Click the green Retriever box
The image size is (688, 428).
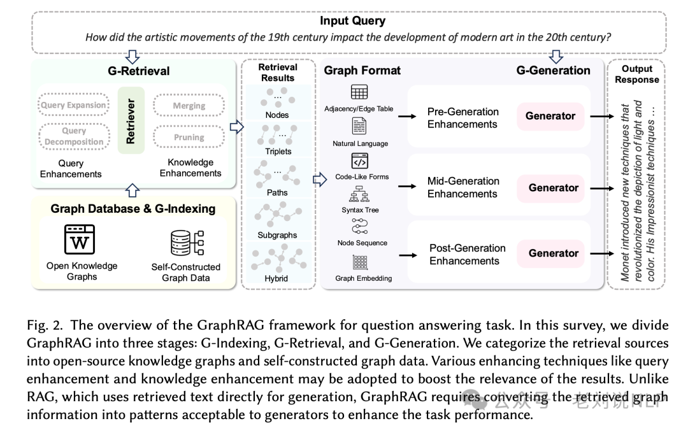point(131,120)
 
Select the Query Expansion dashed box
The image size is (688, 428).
point(74,105)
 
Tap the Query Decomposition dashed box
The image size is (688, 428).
point(74,136)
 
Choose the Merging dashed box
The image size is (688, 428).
point(189,106)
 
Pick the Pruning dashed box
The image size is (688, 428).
point(189,137)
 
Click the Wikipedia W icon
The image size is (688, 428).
point(80,240)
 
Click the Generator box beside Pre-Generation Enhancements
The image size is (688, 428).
point(550,116)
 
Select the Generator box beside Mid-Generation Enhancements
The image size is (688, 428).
point(553,188)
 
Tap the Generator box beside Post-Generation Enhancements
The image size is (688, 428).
point(553,253)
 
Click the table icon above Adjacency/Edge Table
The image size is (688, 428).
point(359,93)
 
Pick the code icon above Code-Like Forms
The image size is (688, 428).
point(360,161)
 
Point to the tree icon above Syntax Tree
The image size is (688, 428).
point(360,194)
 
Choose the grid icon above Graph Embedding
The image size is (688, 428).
point(360,262)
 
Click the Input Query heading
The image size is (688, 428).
point(352,20)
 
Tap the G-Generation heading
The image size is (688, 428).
point(553,71)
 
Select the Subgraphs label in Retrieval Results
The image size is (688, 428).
point(277,235)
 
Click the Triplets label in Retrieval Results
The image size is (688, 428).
point(278,152)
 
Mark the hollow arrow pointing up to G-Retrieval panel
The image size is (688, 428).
point(133,189)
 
